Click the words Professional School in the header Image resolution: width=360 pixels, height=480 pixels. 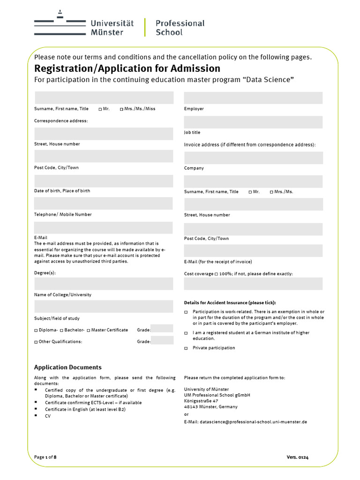(x=180, y=28)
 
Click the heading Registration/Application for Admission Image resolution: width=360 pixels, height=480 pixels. (x=127, y=68)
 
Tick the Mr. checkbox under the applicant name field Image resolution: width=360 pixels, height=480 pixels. (x=100, y=109)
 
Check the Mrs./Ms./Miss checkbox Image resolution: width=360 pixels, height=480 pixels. (x=121, y=109)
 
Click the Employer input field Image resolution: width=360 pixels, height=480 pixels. (x=253, y=98)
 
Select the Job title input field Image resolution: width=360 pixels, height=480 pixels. (x=253, y=122)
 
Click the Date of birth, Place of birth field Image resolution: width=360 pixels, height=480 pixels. (x=104, y=181)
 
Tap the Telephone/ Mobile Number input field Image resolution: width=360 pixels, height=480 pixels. (x=104, y=203)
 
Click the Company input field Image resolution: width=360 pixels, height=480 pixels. (x=253, y=158)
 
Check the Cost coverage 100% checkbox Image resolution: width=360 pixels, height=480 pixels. (x=216, y=274)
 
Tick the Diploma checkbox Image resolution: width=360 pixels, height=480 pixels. (x=36, y=330)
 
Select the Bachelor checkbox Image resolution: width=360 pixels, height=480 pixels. (x=61, y=330)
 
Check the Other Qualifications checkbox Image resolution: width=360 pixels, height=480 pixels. (x=36, y=342)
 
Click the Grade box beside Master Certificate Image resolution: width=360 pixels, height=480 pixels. (x=162, y=329)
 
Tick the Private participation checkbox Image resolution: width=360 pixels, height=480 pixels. (x=186, y=348)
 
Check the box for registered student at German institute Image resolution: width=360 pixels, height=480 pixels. (x=186, y=333)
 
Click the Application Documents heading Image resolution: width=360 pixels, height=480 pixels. (x=68, y=367)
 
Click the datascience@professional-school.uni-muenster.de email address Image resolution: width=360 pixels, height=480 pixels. (x=253, y=422)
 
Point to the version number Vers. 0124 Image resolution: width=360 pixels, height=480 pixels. (x=298, y=457)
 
